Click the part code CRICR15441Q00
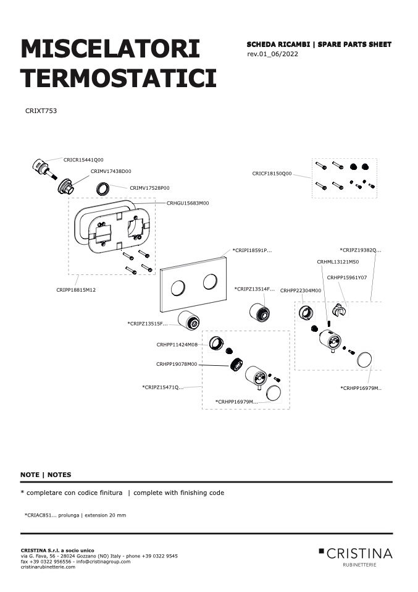pos(83,159)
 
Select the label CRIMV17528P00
pos(149,188)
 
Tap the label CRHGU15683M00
pos(188,203)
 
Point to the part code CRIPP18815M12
pos(76,290)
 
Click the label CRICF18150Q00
pos(272,174)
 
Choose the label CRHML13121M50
pos(338,261)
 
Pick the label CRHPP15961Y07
pos(347,277)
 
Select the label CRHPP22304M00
pos(301,290)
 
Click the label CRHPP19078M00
pos(177,365)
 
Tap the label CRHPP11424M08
pos(177,345)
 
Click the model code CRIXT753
pos(41,111)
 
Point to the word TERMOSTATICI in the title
pos(119,78)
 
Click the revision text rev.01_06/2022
pos(272,54)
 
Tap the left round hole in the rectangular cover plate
pos(178,288)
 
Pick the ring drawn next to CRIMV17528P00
pos(103,188)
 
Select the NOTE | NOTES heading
pos(46,475)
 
